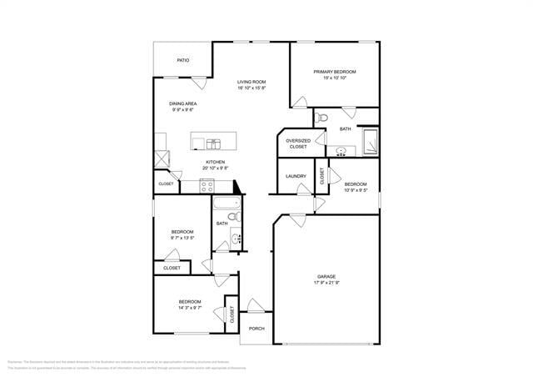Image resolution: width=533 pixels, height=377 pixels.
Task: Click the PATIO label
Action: tap(182, 60)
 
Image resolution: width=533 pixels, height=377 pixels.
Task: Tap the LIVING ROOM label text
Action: tap(251, 82)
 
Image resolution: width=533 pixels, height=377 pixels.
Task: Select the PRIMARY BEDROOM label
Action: tap(334, 72)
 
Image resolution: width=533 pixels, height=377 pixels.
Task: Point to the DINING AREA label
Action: tap(184, 103)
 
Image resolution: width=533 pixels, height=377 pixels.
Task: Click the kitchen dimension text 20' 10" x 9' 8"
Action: tap(216, 168)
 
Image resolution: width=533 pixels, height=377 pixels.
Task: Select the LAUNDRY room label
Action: tap(296, 176)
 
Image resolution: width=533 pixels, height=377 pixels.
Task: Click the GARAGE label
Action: tap(326, 276)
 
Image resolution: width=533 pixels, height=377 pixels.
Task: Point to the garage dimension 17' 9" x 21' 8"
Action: tap(326, 283)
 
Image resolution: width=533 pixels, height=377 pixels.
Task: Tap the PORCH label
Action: tap(257, 328)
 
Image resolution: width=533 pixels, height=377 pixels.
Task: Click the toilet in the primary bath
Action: tap(321, 116)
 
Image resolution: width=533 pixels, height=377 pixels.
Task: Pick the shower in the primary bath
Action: tap(367, 141)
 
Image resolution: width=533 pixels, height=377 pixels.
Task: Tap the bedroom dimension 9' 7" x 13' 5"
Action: tap(182, 238)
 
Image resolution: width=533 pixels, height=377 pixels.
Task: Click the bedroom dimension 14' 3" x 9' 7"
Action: tap(189, 308)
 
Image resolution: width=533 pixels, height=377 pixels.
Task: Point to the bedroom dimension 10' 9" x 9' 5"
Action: tap(356, 189)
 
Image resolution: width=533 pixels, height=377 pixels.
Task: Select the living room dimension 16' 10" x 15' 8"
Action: tap(251, 88)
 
